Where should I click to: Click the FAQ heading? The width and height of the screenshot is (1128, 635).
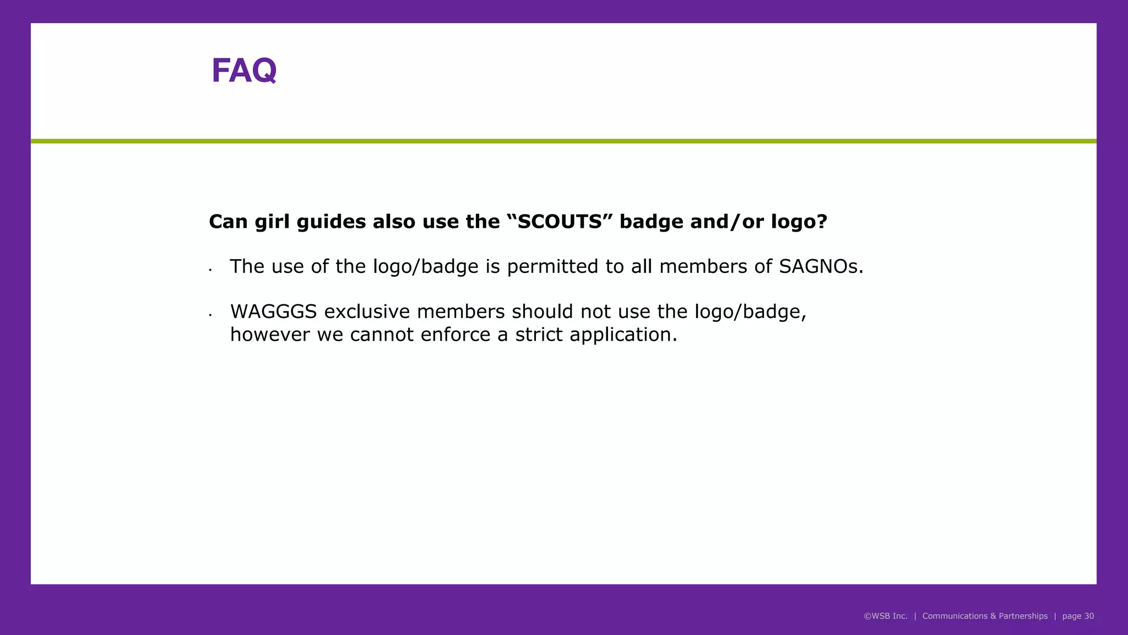coord(244,71)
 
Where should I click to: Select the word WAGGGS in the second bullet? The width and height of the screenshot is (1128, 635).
coord(273,312)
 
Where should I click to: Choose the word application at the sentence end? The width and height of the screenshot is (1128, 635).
coord(623,335)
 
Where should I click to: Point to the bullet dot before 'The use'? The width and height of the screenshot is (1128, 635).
coord(210,270)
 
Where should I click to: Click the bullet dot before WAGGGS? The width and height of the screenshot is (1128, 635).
coord(210,315)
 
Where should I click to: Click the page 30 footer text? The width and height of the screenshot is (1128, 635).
coord(1078,616)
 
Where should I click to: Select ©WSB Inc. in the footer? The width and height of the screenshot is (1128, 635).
coord(885,616)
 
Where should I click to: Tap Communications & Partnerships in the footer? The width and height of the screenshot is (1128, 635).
coord(985,616)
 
